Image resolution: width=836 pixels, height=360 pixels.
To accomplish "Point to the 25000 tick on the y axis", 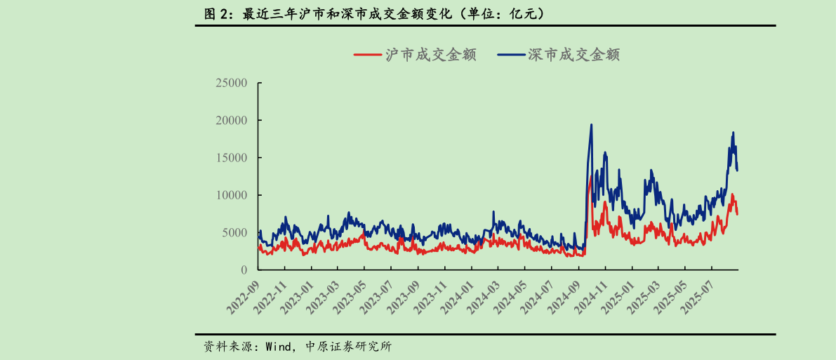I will [x=232, y=83].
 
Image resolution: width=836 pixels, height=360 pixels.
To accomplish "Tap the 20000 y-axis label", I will [x=232, y=120].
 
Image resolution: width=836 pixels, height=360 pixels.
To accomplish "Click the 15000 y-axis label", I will [x=232, y=157].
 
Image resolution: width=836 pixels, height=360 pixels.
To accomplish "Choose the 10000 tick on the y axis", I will [x=232, y=195].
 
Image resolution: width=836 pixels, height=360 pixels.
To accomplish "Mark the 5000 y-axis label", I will [x=235, y=232].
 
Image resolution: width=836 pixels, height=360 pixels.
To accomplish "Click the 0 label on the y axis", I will [x=244, y=269].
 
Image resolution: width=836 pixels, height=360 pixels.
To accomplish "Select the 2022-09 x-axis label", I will [x=243, y=295].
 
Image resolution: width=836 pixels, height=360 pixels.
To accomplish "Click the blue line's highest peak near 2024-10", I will [x=591, y=125].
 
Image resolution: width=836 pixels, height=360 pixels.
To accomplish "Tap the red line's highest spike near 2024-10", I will [x=590, y=178].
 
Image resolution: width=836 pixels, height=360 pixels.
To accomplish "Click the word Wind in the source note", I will [x=277, y=346].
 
